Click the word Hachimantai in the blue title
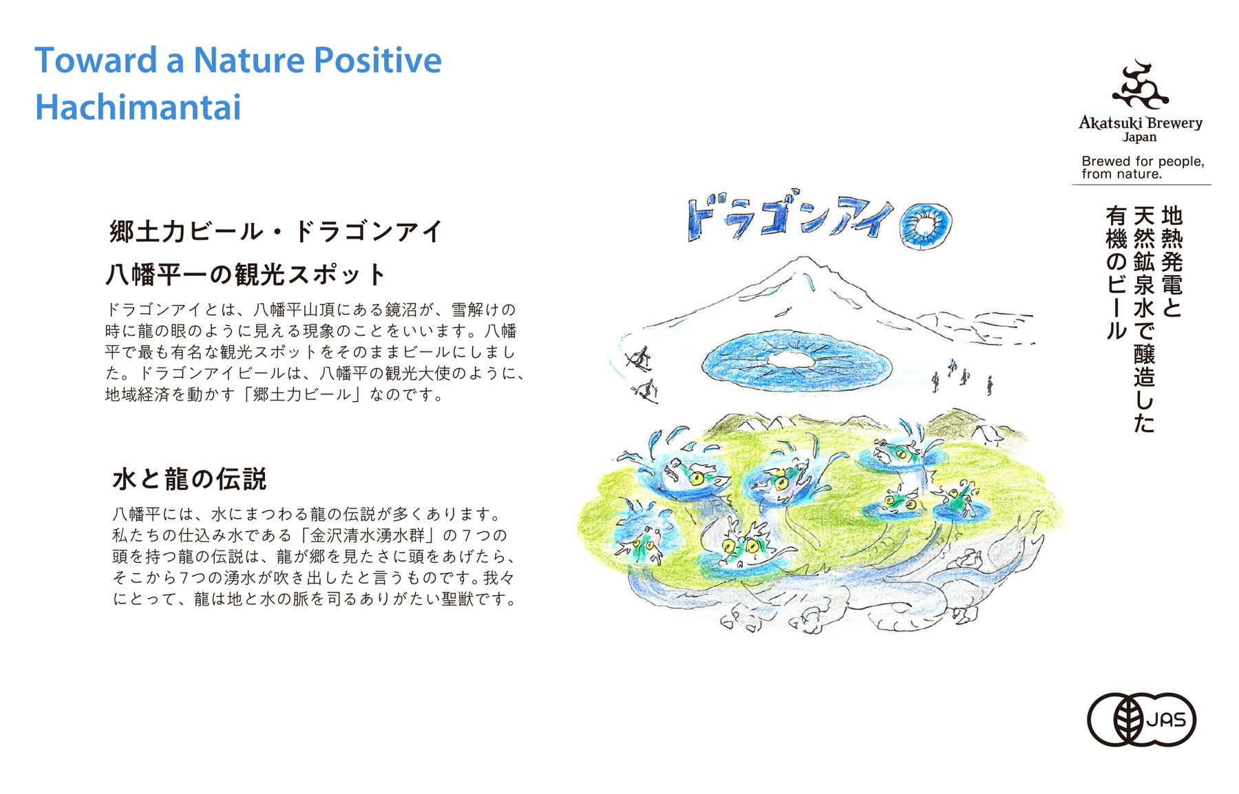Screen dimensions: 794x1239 pyautogui.click(x=138, y=107)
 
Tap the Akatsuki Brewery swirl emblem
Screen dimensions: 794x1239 pyautogui.click(x=1140, y=86)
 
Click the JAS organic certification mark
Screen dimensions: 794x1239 pyautogui.click(x=1141, y=720)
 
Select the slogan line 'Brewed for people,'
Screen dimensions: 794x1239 pyautogui.click(x=1143, y=161)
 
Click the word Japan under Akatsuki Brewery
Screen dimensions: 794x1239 pyautogui.click(x=1140, y=138)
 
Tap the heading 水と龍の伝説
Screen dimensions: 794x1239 pyautogui.click(x=189, y=479)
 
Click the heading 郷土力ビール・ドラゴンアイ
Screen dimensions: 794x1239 pyautogui.click(x=275, y=231)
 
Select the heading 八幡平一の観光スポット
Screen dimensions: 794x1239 pyautogui.click(x=246, y=275)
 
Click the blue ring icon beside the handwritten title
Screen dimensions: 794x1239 pyautogui.click(x=926, y=225)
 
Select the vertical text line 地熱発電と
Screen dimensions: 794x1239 pyautogui.click(x=1172, y=261)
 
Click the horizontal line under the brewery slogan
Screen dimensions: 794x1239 pyautogui.click(x=1141, y=184)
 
